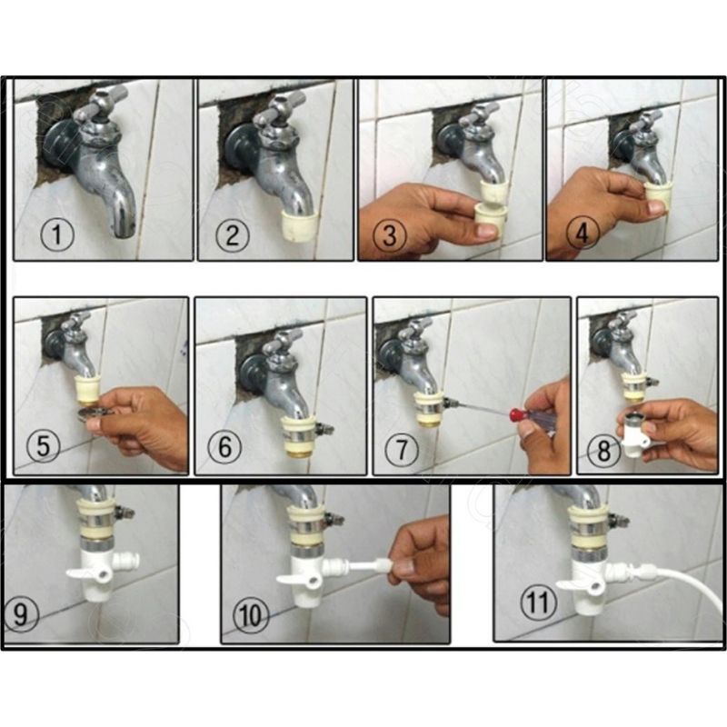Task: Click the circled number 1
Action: coord(56,234)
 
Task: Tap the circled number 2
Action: coord(233,234)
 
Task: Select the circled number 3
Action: coord(391,234)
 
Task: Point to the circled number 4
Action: coord(582,233)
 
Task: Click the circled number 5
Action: coord(43,447)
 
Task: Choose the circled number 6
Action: coord(224,447)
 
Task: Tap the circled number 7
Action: coord(402,449)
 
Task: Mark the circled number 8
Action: coord(603,451)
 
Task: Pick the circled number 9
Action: coord(19,613)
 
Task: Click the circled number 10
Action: coord(251,615)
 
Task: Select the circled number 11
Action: coord(538,603)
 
